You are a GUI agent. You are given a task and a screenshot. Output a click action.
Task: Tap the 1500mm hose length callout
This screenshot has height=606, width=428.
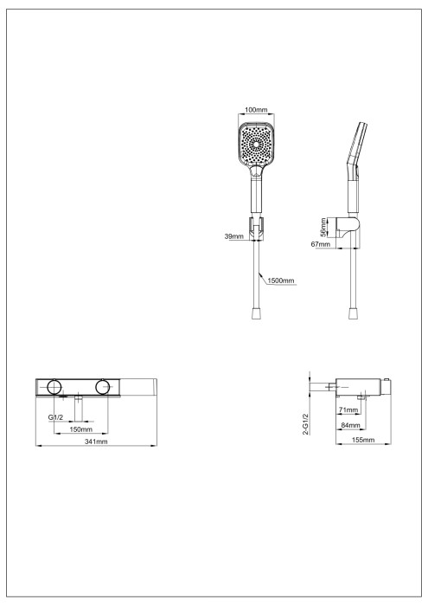click(x=282, y=281)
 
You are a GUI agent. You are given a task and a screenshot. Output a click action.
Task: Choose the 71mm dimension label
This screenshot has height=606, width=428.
click(x=348, y=409)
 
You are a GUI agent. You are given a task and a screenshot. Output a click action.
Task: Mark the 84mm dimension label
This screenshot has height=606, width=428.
click(x=350, y=425)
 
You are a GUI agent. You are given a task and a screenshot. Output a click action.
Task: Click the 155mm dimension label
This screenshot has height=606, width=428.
click(x=363, y=441)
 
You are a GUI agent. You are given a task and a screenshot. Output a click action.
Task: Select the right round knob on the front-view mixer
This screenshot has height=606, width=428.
click(x=105, y=386)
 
